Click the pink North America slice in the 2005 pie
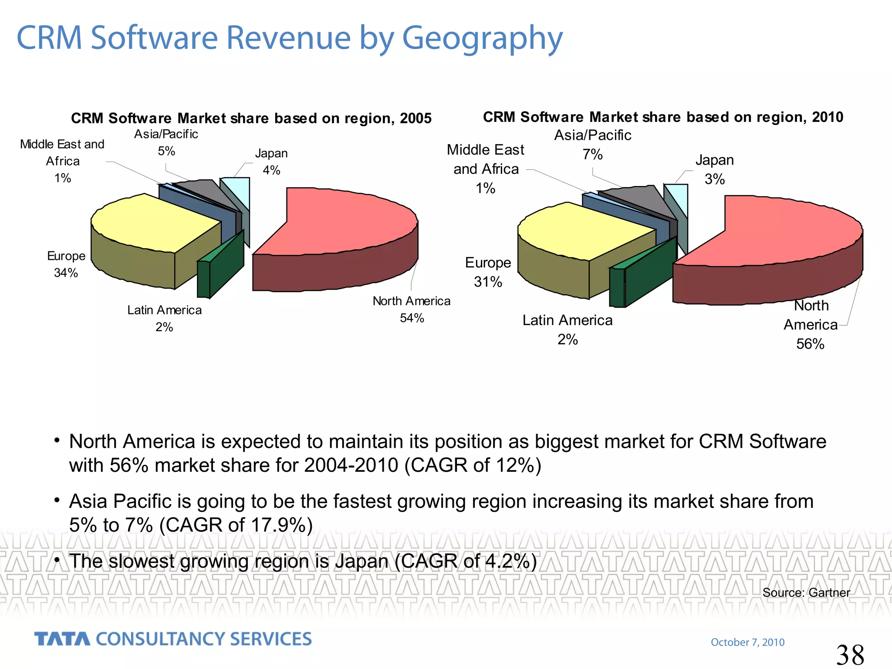coord(344,222)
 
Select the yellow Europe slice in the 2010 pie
coord(579,231)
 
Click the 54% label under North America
coord(412,318)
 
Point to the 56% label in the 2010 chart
coord(810,344)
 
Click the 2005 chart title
coord(251,118)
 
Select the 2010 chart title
coord(663,117)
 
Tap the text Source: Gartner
coord(806,593)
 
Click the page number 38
coord(850,655)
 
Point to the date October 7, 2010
coord(747,642)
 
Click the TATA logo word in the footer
coord(62,639)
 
